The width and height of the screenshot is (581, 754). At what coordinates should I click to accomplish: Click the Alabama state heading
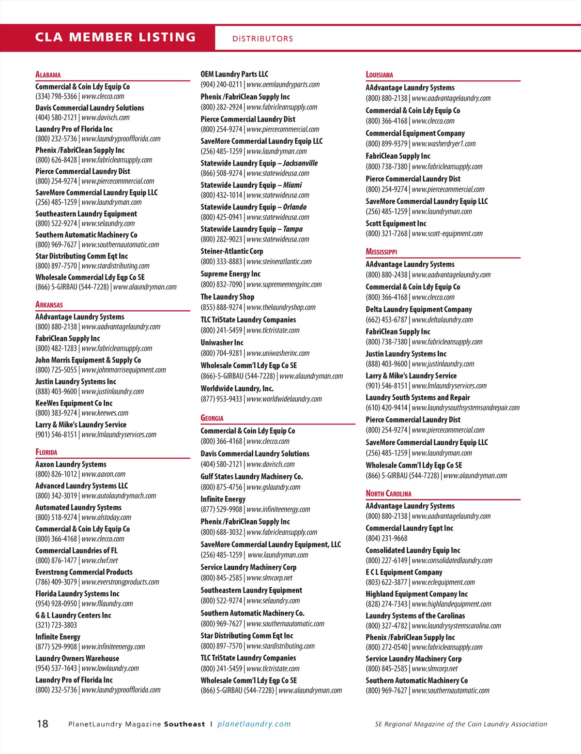48,75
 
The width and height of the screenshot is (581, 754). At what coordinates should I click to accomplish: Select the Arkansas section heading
49,305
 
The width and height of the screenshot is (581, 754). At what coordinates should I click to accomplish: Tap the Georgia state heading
212,418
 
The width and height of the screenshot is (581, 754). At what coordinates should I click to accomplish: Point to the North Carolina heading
388,494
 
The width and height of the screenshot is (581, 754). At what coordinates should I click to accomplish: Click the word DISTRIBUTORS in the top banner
262,39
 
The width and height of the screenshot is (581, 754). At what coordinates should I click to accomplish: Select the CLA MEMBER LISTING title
115,37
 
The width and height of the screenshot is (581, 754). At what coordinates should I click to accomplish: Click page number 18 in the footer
43,724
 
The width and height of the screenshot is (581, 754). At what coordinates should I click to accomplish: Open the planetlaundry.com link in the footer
254,724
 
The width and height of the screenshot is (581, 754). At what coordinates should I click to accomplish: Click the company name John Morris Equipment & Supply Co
88,360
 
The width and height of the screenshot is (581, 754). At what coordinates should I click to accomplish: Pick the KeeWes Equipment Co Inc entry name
74,403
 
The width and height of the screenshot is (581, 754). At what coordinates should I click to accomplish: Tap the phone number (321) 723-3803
56,625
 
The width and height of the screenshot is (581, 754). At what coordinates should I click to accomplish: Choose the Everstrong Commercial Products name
84,572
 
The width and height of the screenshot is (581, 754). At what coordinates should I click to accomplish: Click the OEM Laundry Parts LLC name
234,74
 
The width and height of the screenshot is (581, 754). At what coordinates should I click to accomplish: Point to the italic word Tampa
292,229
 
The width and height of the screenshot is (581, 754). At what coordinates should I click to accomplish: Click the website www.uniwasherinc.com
278,353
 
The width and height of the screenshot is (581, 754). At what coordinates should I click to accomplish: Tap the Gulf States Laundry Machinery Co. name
252,477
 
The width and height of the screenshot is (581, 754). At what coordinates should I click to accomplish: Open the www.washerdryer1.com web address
443,144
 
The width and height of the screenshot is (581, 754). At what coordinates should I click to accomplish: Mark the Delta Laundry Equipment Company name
419,309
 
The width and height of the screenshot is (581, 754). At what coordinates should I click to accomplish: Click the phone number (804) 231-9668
386,539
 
